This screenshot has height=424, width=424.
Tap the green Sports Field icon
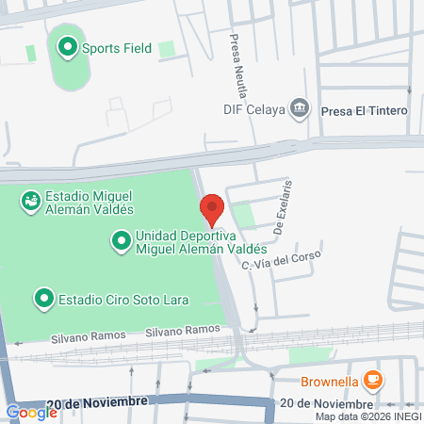(68, 46)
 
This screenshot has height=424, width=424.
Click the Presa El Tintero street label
(364, 111)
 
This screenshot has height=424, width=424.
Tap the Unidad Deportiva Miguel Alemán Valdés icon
(121, 242)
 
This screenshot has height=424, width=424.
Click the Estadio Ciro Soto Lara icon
(43, 300)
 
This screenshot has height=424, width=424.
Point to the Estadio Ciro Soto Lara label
(123, 301)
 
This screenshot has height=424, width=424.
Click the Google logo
(31, 412)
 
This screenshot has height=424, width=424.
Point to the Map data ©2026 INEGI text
(367, 416)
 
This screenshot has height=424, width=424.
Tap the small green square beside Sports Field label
(167, 48)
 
